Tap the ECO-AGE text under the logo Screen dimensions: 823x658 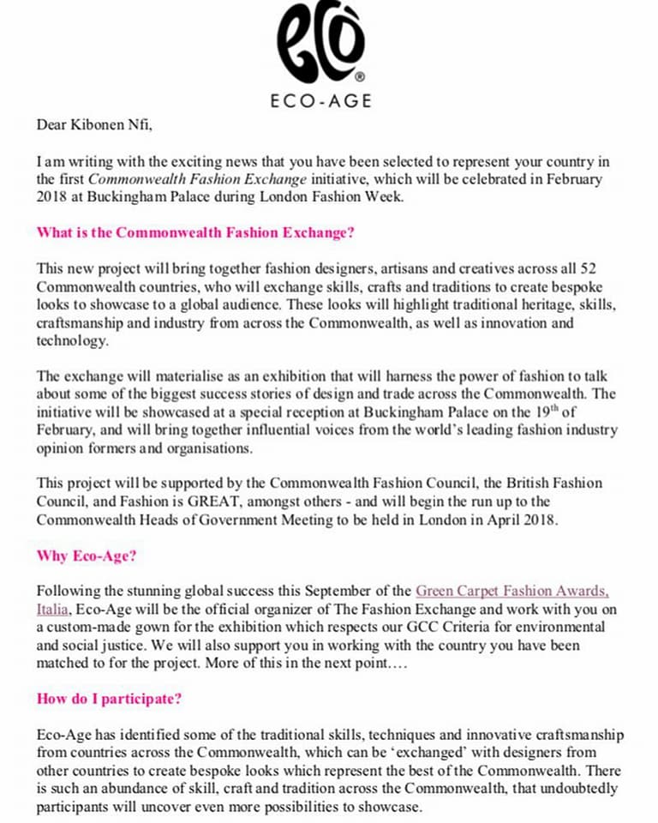(x=320, y=100)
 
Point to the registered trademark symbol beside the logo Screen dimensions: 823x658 (x=359, y=75)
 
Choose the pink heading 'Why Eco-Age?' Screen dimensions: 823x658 (x=87, y=555)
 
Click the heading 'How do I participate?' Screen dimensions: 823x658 (x=109, y=698)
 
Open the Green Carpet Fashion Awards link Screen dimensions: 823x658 (x=512, y=591)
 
